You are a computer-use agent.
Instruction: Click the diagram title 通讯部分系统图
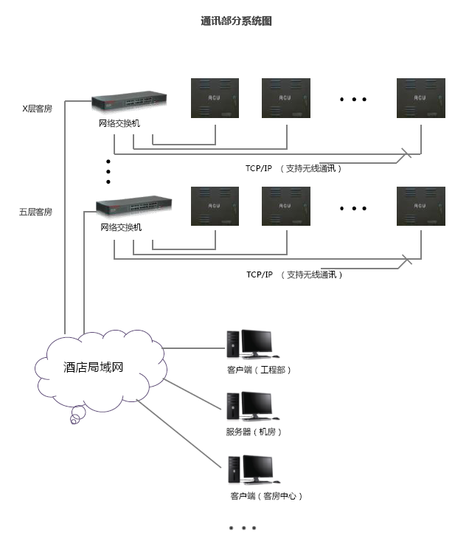[236, 21]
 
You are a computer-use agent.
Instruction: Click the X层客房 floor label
[36, 108]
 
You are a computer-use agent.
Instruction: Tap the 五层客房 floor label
[35, 212]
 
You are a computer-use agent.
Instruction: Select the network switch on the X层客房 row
[128, 103]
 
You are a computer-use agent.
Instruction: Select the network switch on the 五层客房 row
[133, 207]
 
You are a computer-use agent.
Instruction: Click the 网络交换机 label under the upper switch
[119, 123]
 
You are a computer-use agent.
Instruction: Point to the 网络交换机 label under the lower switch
[121, 227]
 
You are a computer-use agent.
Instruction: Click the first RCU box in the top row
[215, 98]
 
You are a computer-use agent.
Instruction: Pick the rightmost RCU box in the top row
[421, 98]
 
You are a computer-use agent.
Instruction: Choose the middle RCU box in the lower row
[286, 206]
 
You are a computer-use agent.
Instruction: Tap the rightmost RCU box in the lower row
[421, 206]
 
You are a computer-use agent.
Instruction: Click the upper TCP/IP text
[259, 168]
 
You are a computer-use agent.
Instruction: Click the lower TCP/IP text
[260, 274]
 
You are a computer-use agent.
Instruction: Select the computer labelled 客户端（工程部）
[249, 344]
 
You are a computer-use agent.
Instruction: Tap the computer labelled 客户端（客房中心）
[249, 470]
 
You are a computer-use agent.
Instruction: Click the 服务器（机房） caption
[254, 432]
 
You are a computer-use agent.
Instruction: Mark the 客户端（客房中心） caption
[266, 496]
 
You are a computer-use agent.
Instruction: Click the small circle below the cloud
[74, 421]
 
